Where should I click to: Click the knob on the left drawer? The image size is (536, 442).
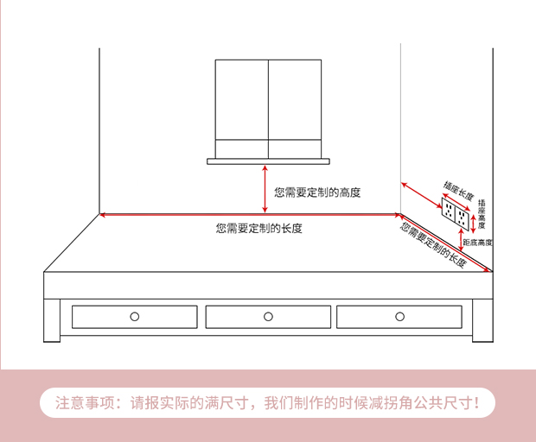click(x=134, y=317)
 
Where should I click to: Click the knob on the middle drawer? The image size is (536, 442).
click(x=268, y=317)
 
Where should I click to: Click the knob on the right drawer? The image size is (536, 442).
click(x=399, y=317)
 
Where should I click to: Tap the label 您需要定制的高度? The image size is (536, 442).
click(x=317, y=193)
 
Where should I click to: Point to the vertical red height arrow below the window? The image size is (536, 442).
click(x=265, y=188)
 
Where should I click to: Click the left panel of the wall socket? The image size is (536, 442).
click(x=450, y=210)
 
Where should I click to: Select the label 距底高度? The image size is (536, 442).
click(x=477, y=243)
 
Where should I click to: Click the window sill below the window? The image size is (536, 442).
click(x=268, y=161)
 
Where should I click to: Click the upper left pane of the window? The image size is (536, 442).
click(x=241, y=99)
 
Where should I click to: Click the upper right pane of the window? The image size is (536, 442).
click(x=295, y=99)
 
